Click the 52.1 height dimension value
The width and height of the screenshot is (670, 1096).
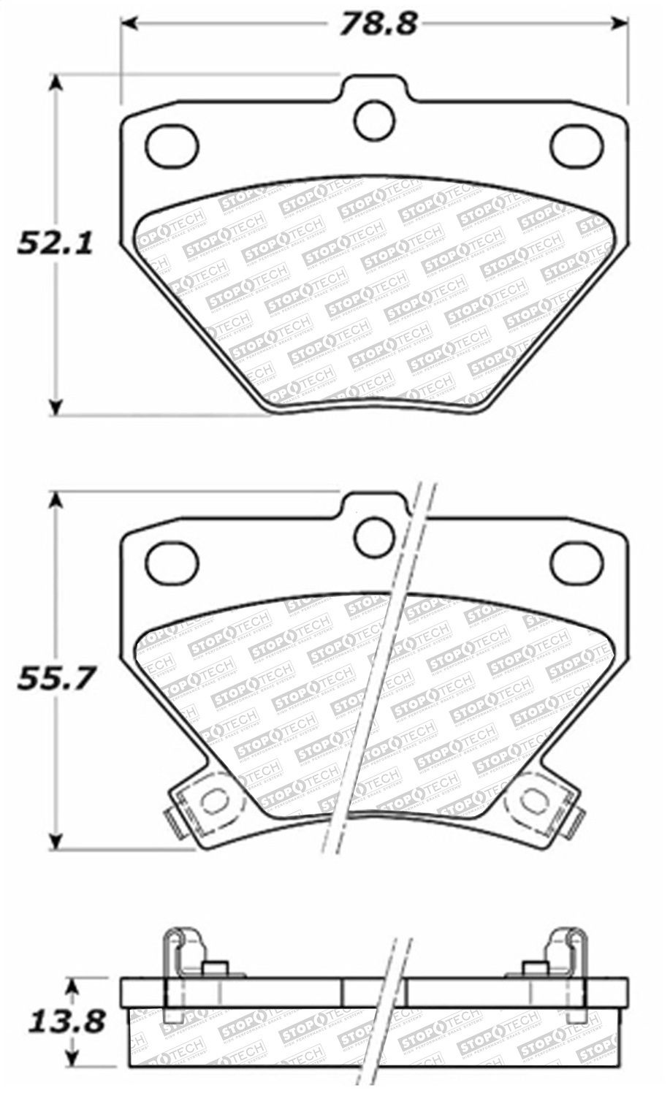(x=56, y=243)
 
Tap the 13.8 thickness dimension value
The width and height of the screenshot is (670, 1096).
(x=66, y=1021)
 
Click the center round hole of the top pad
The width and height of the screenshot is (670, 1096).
(x=374, y=118)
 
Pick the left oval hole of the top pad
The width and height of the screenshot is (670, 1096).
(x=172, y=144)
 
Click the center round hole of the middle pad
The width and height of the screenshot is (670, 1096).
(x=374, y=537)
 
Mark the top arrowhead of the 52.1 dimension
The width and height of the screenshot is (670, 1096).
(x=56, y=83)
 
